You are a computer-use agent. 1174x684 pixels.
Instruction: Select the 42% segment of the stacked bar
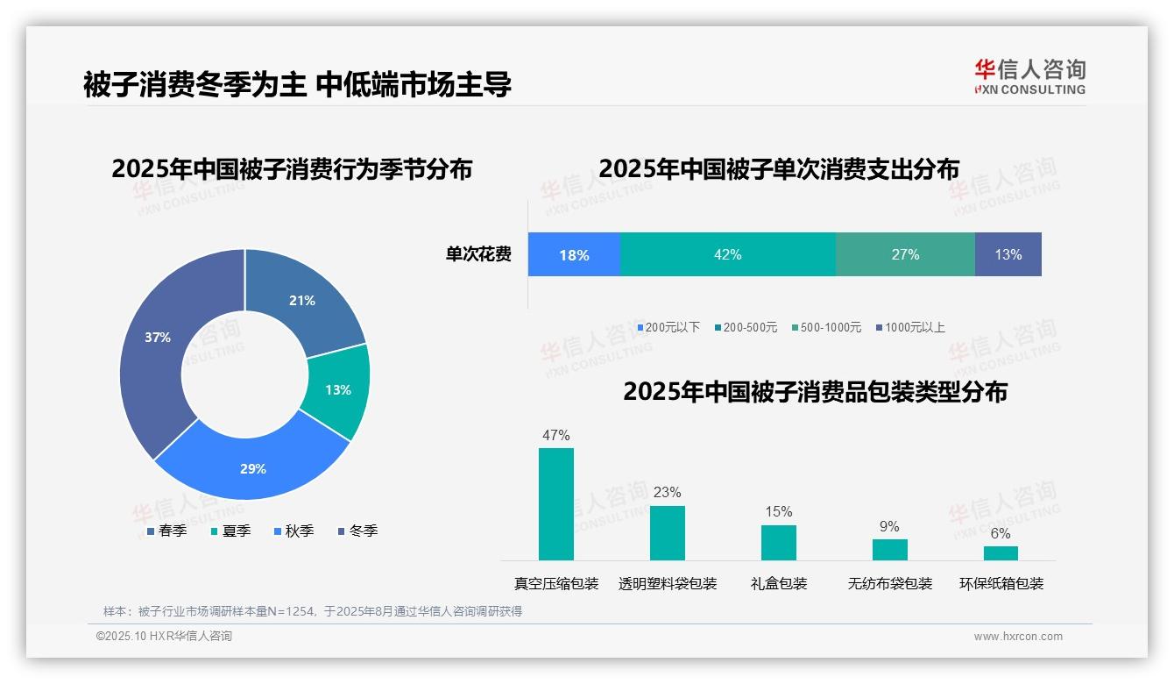tap(727, 254)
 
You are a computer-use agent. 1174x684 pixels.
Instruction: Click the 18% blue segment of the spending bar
tap(574, 254)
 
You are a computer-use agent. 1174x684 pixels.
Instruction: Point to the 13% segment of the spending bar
tap(1008, 254)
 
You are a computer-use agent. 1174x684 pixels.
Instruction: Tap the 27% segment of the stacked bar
tap(905, 254)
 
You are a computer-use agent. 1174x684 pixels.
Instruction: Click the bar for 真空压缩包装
tap(556, 504)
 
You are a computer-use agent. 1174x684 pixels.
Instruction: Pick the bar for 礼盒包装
tap(778, 542)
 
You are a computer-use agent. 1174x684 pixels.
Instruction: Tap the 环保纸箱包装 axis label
tap(1001, 583)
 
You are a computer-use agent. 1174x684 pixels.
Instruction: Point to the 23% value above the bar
tap(667, 492)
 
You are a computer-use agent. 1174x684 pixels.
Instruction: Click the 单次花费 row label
tap(478, 254)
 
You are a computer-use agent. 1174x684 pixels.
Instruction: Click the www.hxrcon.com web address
tap(1018, 637)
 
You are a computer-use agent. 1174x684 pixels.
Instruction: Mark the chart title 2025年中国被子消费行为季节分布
tap(292, 168)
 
